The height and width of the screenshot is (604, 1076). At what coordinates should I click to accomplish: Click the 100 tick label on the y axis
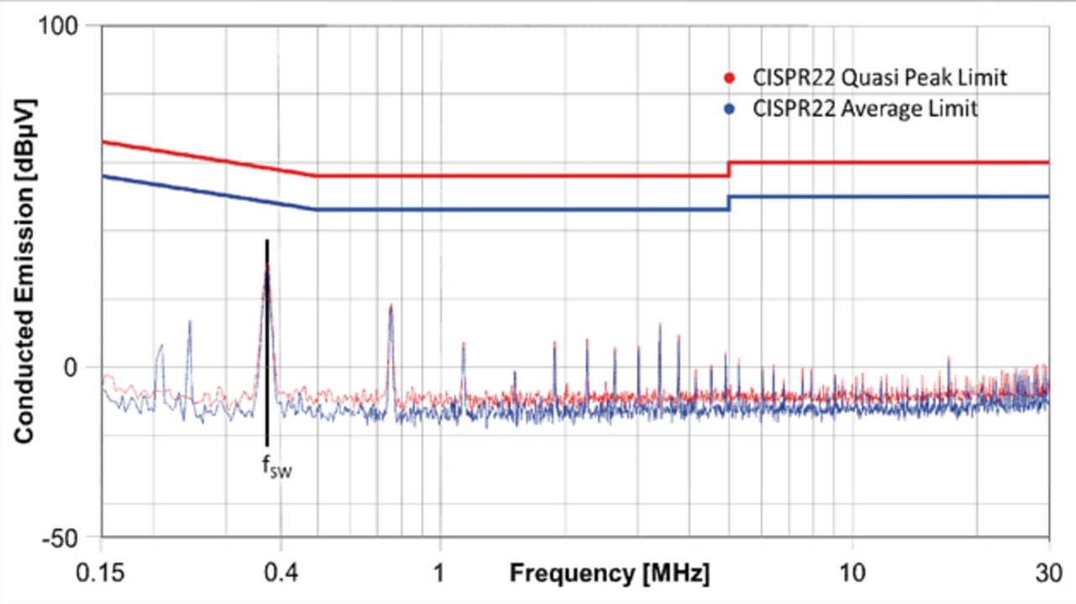[60, 26]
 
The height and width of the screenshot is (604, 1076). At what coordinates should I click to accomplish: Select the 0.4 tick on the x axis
[282, 574]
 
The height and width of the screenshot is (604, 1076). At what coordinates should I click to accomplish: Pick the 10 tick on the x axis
[853, 574]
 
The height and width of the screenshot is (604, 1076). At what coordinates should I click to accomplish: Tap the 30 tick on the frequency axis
[1048, 574]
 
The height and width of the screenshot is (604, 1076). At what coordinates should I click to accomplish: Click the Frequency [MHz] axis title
[609, 575]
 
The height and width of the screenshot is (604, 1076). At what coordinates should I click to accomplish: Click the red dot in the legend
[730, 78]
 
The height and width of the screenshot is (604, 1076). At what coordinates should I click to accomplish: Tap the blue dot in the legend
[730, 109]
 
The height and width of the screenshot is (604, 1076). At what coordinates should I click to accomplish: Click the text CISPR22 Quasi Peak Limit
[879, 78]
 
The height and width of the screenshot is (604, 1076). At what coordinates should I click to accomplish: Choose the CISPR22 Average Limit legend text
[865, 109]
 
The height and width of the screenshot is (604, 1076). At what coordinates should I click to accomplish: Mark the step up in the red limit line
[728, 169]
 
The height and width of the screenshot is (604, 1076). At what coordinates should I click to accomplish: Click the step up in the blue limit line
[728, 203]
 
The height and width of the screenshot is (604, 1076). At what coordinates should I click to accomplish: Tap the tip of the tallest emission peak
[267, 265]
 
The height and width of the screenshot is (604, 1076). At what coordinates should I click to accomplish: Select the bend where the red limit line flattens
[315, 176]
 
